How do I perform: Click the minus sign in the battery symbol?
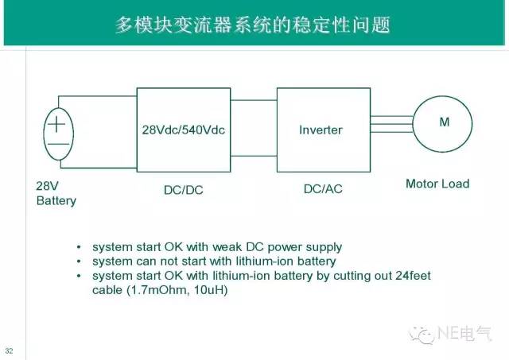click(x=58, y=146)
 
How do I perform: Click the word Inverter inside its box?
click(x=321, y=130)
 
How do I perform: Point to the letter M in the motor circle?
click(x=444, y=122)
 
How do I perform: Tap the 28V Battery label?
click(x=56, y=193)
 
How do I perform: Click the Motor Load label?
click(x=437, y=184)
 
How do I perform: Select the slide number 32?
click(x=10, y=350)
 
